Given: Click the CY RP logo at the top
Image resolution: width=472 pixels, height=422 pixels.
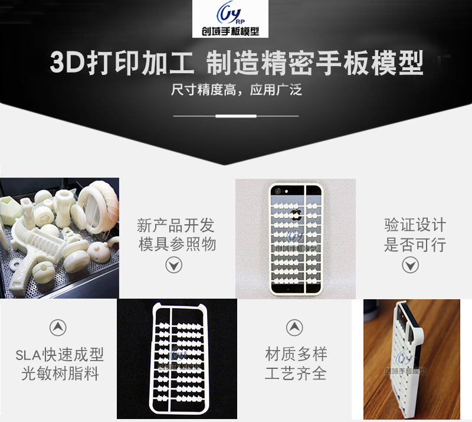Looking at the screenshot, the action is point(230,19).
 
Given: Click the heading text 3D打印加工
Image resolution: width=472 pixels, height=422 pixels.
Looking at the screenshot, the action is point(122,63).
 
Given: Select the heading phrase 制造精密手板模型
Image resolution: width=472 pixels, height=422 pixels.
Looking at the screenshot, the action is point(315,63).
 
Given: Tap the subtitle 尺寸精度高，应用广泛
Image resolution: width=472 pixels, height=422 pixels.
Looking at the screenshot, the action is point(237,90).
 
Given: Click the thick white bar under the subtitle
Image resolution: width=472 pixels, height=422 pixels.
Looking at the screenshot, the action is point(236,116).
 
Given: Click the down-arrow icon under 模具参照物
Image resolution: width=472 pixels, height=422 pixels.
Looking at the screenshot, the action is point(173,265).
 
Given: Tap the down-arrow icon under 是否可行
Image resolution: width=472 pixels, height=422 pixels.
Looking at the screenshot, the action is point(410,265).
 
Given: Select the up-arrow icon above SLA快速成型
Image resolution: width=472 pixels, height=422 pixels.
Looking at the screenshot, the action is point(58,328).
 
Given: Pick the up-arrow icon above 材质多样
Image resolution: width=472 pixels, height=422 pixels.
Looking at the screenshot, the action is point(294,328).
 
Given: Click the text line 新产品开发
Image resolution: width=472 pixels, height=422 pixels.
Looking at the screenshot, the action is point(175,225).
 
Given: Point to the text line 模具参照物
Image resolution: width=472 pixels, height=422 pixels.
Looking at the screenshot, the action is point(178,244).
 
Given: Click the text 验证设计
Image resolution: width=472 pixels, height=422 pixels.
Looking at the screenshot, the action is point(415,225).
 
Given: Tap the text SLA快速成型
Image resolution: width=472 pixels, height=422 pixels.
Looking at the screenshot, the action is point(60,355).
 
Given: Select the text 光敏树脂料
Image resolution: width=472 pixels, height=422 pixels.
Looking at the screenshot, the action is point(60,374).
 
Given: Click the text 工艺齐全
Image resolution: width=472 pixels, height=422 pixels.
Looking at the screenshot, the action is point(296,374).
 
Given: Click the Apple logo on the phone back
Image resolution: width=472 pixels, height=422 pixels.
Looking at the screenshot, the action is point(296,214).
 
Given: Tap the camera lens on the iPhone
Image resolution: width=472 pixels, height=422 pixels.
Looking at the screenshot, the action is point(278,191).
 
